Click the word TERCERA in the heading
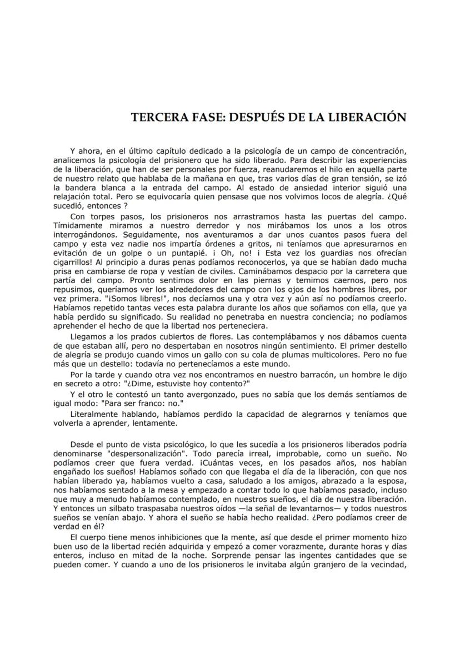155,117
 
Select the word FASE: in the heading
201,117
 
